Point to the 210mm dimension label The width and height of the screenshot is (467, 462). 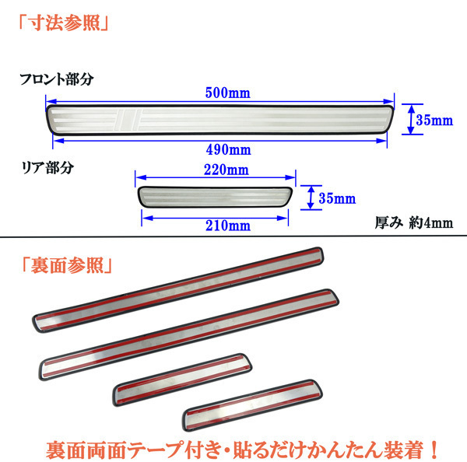(210, 226)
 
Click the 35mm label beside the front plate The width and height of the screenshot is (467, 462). (434, 121)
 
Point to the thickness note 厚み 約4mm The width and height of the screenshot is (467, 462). (413, 222)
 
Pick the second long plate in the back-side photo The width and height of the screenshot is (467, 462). (191, 331)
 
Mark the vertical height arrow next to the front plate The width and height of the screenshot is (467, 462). (407, 121)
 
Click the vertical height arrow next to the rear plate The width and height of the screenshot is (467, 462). (310, 197)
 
